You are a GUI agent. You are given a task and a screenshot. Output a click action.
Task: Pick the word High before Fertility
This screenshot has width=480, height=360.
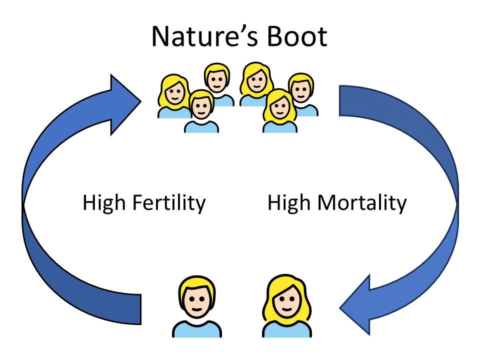(104, 204)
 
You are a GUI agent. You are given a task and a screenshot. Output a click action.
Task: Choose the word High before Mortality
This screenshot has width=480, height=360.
(289, 204)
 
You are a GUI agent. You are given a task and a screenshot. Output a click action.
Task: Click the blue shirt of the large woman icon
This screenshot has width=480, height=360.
(285, 330)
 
